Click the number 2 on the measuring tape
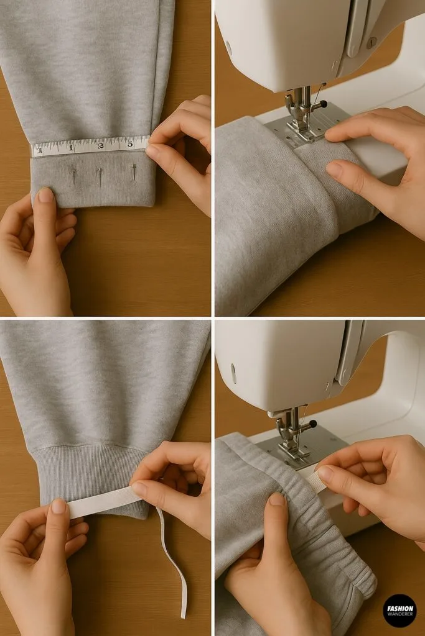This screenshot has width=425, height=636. pyautogui.click(x=101, y=146)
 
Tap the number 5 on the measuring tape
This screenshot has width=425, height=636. pyautogui.click(x=130, y=143)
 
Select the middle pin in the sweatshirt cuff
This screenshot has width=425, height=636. pyautogui.click(x=100, y=176)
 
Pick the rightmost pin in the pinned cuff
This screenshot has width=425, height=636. pyautogui.click(x=134, y=172)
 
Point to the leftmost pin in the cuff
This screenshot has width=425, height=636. pyautogui.click(x=73, y=176)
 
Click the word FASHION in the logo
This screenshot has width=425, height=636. pyautogui.click(x=399, y=607)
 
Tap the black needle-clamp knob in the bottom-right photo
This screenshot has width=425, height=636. pyautogui.click(x=312, y=425)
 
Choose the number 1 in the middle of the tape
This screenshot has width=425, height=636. pyautogui.click(x=71, y=148)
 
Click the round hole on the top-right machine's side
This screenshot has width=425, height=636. pyautogui.click(x=229, y=48)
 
